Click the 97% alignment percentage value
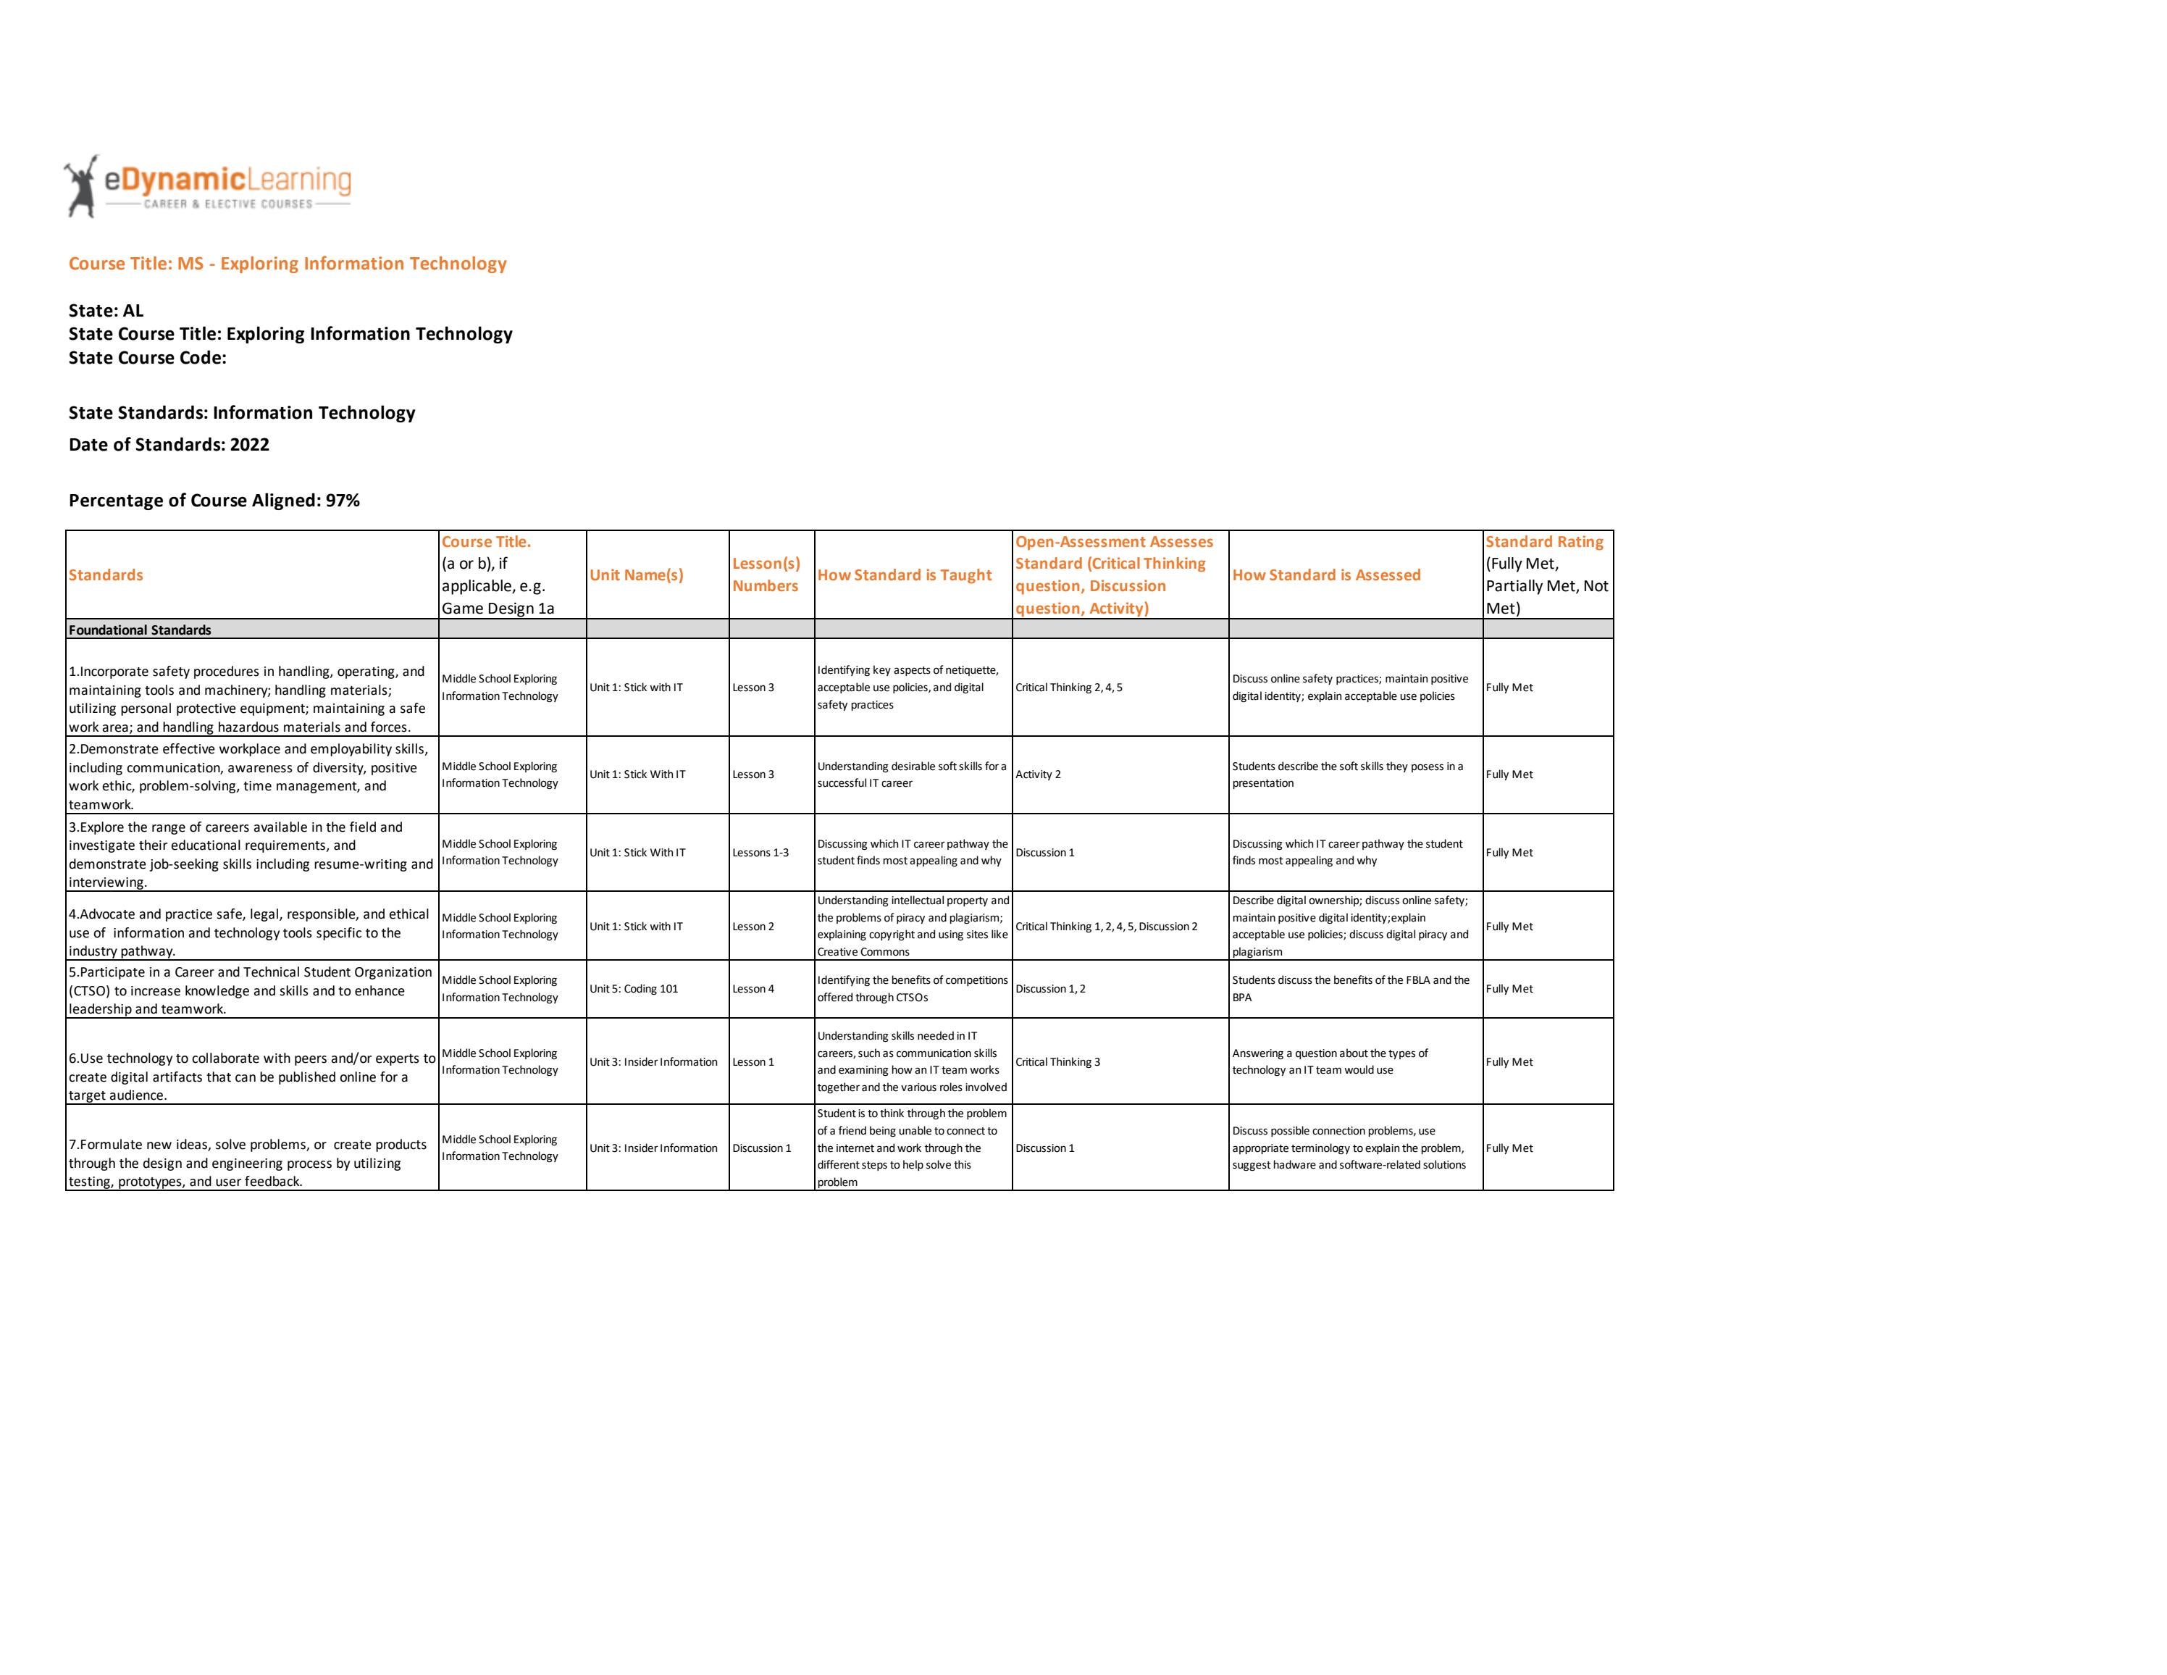point(343,500)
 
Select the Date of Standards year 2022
point(249,445)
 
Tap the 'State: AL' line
point(106,311)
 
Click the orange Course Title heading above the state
point(288,263)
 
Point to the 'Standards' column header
point(106,575)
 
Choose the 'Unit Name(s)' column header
point(636,575)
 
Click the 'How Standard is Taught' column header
point(904,575)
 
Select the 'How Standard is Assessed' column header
point(1325,575)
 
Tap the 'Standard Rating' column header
point(1544,542)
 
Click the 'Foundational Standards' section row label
point(140,630)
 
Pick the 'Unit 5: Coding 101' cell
point(634,988)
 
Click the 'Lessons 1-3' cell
point(760,853)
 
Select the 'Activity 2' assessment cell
point(1038,774)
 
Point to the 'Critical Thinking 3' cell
point(1057,1062)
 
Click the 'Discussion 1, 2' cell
point(1049,988)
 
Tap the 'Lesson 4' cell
point(753,988)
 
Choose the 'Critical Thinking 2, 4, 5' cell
point(1068,688)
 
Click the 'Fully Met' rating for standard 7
point(1509,1148)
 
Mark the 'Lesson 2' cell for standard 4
point(753,927)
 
